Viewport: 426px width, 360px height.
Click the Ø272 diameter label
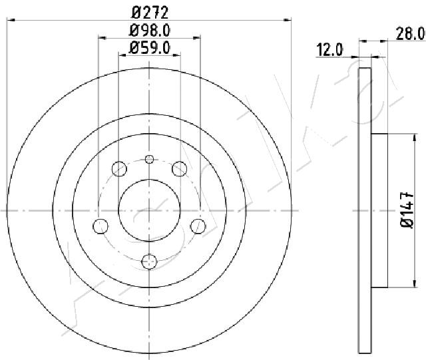[x=150, y=13]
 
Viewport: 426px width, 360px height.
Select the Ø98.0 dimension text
[x=150, y=31]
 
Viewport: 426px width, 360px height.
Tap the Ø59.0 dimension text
[x=150, y=48]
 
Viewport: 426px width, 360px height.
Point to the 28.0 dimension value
[x=410, y=34]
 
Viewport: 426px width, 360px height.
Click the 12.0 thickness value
[x=330, y=50]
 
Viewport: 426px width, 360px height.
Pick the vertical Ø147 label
[x=407, y=210]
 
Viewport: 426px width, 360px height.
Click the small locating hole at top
[x=149, y=159]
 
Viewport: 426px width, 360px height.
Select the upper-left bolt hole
[x=119, y=168]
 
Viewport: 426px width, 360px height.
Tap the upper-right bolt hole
[x=180, y=168]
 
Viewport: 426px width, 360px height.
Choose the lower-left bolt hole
[x=101, y=226]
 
